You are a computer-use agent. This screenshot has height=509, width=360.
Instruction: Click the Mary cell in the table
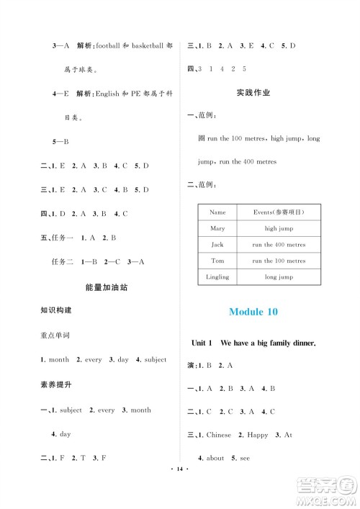pyautogui.click(x=217, y=228)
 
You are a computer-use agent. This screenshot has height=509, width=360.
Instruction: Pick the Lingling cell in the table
pyautogui.click(x=217, y=276)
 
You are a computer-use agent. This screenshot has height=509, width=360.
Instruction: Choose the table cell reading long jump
pyautogui.click(x=279, y=276)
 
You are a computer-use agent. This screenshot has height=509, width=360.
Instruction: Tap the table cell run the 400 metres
pyautogui.click(x=279, y=245)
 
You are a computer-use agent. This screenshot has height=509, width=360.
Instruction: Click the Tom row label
pyautogui.click(x=217, y=261)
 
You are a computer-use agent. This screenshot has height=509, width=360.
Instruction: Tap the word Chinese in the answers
pyautogui.click(x=219, y=435)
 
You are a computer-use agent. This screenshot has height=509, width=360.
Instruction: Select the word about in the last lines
pyautogui.click(x=215, y=458)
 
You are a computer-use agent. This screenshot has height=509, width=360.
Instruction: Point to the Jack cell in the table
pyautogui.click(x=217, y=245)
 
